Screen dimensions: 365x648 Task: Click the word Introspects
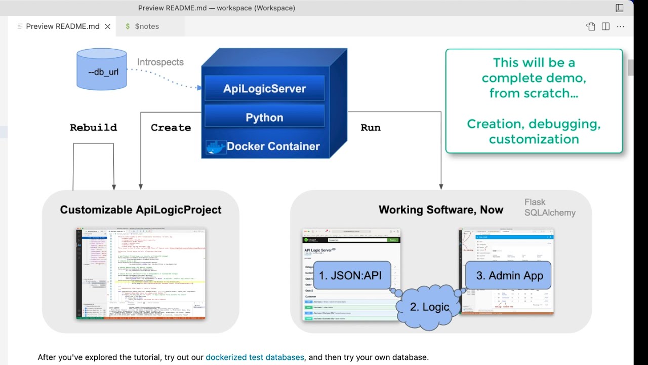click(x=160, y=62)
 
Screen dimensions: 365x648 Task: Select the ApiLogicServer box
click(x=264, y=89)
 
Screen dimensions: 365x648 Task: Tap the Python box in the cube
click(x=264, y=118)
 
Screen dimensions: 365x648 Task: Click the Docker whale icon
click(x=216, y=147)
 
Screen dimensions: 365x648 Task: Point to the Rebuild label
click(x=93, y=128)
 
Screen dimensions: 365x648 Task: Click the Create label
click(x=171, y=128)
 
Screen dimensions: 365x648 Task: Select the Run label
click(x=370, y=128)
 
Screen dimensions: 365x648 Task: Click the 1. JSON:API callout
click(x=350, y=276)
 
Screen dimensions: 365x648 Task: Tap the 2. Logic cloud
click(x=429, y=307)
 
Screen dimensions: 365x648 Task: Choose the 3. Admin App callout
click(x=509, y=276)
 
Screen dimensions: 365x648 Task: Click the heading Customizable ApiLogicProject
click(x=141, y=210)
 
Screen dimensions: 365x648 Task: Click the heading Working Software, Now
click(x=440, y=210)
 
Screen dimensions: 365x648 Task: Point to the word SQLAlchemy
click(x=550, y=213)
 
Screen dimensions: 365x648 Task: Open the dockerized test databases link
click(x=255, y=357)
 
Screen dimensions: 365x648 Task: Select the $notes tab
click(x=146, y=26)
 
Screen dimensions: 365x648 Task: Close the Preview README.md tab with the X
click(x=107, y=26)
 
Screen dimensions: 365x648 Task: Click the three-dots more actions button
click(x=620, y=26)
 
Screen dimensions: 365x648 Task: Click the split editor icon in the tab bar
click(x=605, y=26)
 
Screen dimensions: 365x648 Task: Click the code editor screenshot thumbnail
click(x=141, y=274)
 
